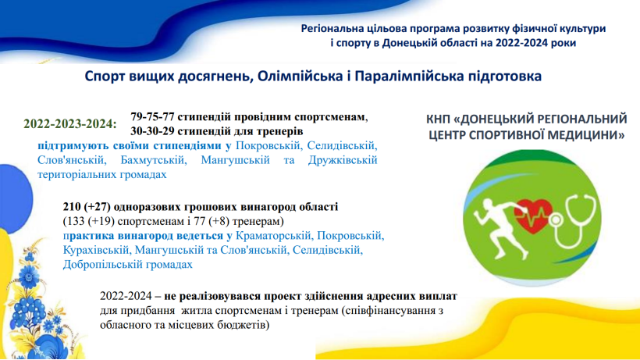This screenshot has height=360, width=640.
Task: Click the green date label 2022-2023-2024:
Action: tap(70, 123)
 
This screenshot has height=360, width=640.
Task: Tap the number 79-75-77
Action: tap(153, 116)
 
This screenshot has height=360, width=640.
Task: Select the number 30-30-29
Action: tap(153, 131)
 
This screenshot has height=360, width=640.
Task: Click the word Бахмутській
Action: tap(154, 160)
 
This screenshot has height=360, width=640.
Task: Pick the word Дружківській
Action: tap(343, 160)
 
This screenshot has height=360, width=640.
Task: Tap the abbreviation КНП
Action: tap(438, 119)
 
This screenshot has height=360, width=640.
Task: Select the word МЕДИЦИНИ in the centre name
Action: tap(581, 134)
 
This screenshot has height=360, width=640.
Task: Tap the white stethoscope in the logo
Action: tap(574, 221)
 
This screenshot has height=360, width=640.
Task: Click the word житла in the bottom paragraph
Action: tap(196, 311)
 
